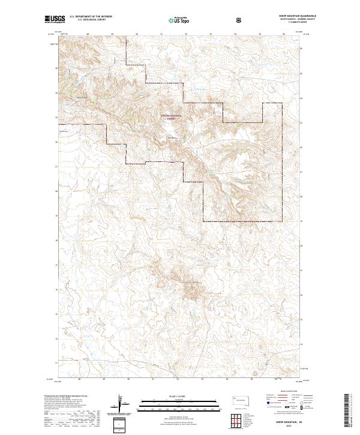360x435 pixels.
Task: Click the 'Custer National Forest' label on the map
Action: [x=173, y=117]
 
